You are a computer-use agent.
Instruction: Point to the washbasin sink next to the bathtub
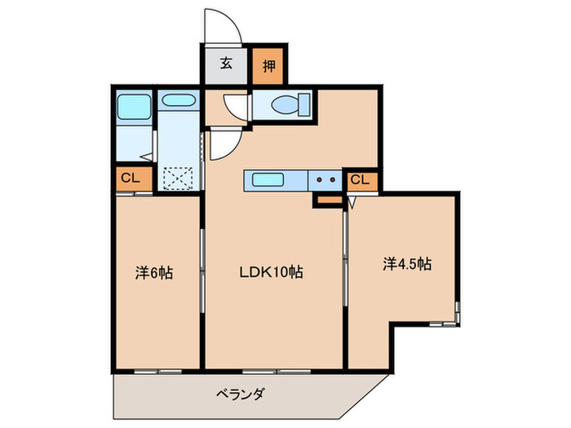click(x=177, y=102)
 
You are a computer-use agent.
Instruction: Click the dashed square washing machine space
click(x=178, y=177)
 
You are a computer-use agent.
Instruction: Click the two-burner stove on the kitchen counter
click(x=326, y=180)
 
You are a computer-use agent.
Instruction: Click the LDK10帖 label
click(x=272, y=272)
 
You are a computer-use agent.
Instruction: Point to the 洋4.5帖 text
click(x=408, y=264)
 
